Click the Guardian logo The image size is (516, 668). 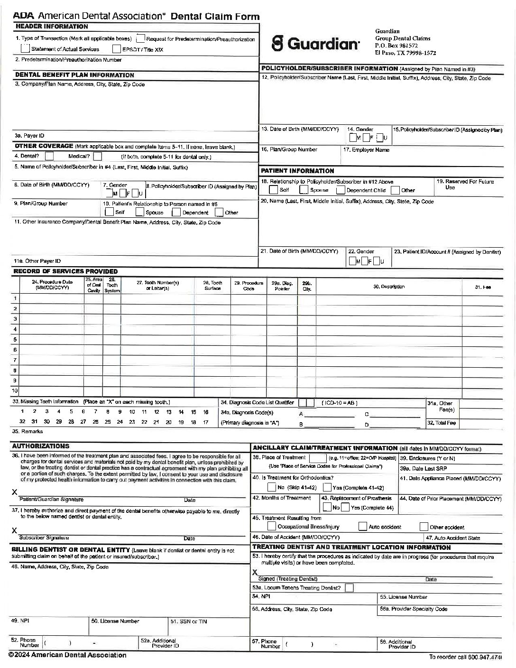point(315,44)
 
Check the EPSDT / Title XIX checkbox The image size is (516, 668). point(117,49)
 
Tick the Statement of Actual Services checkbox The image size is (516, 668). point(25,48)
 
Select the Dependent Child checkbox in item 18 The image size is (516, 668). point(340,190)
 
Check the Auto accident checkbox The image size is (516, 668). point(362,526)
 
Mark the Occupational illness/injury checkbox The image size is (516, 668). point(271,526)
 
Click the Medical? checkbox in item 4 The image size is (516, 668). point(97,156)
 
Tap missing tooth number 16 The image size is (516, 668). point(206,412)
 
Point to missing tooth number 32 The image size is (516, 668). point(22,422)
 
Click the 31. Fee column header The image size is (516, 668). point(486,287)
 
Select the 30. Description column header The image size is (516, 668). point(389,287)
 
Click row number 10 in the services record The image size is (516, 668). point(15,391)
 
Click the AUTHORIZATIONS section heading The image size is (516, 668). point(40,446)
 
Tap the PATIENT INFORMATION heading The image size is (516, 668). point(297,171)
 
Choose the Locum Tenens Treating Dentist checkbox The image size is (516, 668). point(349,588)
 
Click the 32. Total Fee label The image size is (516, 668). point(442,423)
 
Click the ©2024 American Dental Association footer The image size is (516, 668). point(67,655)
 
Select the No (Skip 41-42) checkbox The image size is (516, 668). point(271,487)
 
